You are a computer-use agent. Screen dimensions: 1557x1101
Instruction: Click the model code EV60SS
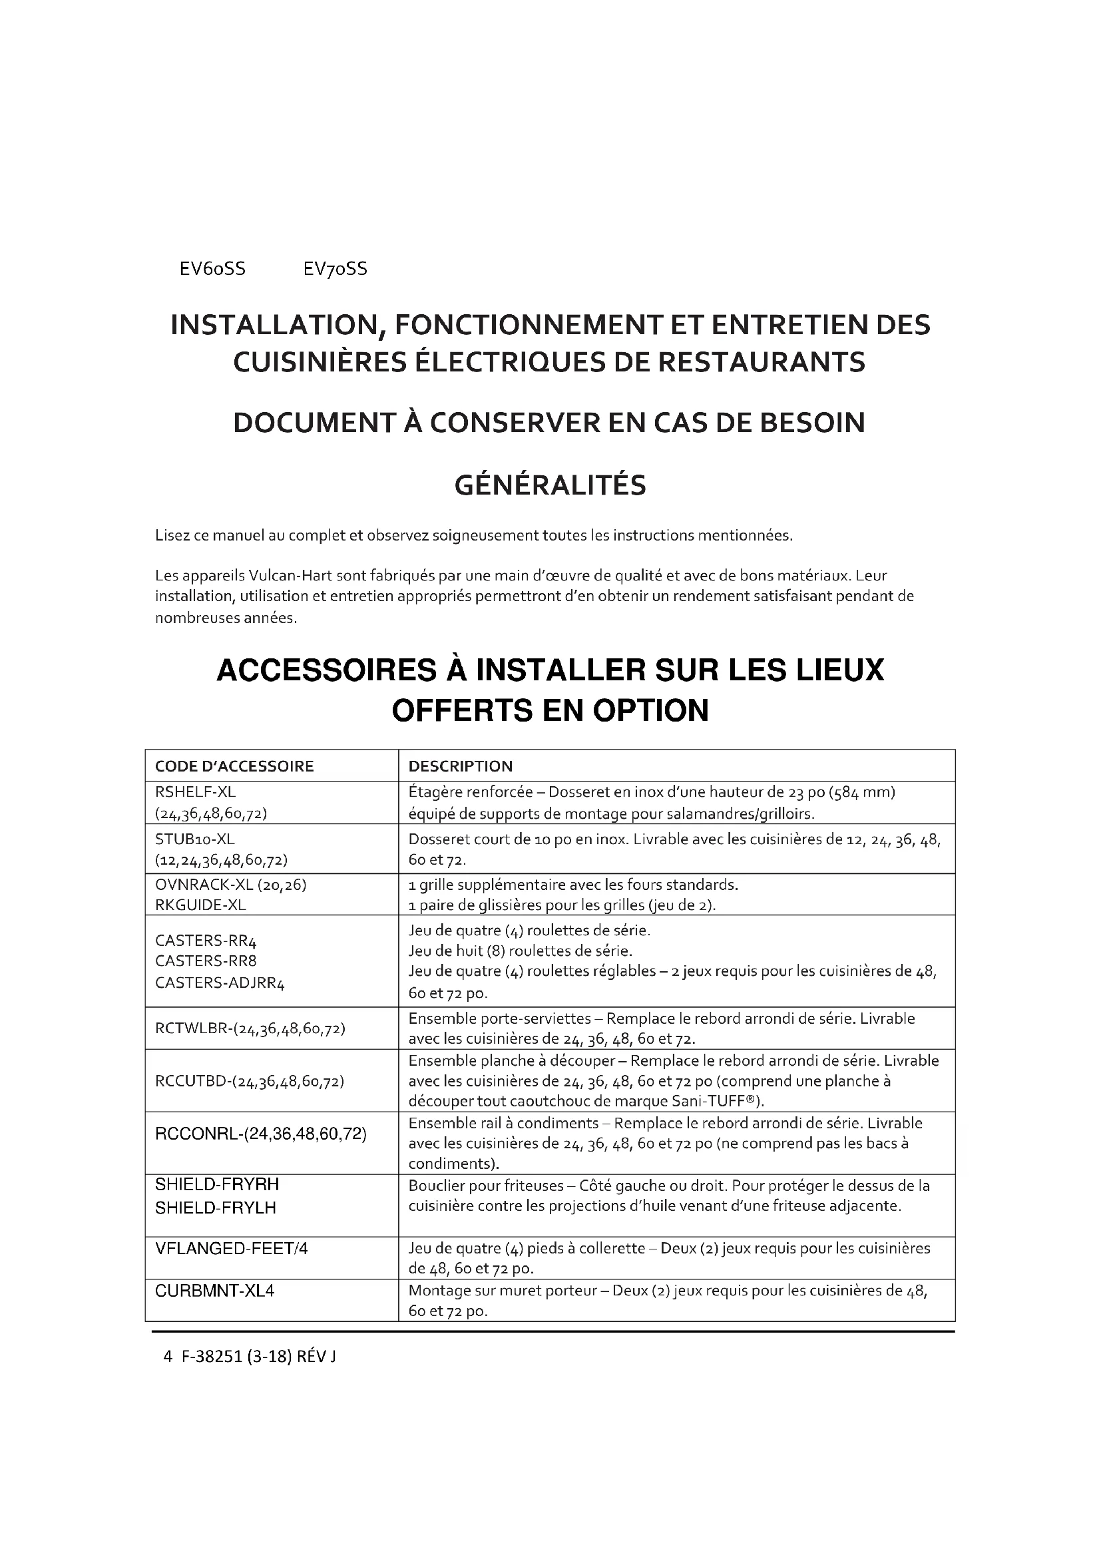[212, 269]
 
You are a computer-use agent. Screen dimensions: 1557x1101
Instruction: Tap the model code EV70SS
[335, 269]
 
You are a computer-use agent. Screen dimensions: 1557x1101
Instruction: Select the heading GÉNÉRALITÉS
[550, 485]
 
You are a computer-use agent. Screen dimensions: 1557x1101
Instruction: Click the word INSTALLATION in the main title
[274, 325]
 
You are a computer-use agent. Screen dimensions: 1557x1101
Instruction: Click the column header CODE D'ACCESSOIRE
[234, 766]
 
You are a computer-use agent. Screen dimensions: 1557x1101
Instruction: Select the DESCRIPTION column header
[461, 766]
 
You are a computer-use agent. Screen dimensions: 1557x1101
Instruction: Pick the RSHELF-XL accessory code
[195, 792]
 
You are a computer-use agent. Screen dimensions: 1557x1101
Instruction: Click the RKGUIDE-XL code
[200, 905]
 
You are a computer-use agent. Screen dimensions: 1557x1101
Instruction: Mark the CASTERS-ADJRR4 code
[220, 983]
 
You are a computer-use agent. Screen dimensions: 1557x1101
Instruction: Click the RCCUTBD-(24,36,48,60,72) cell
[250, 1081]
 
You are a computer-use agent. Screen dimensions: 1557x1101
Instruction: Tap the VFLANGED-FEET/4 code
[231, 1248]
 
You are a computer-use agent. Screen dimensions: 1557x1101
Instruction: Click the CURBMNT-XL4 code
[214, 1291]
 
